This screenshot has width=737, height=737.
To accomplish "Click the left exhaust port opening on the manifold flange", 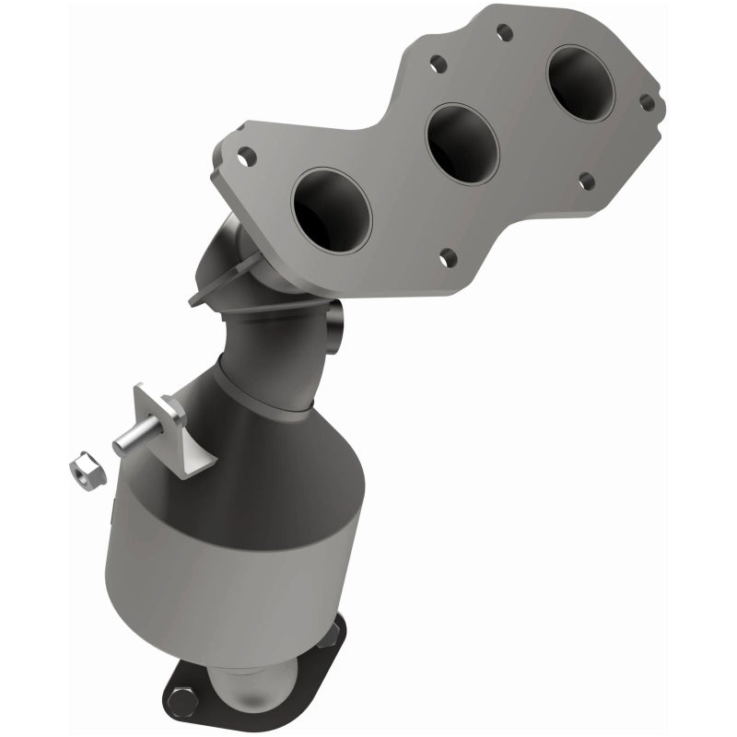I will [331, 211].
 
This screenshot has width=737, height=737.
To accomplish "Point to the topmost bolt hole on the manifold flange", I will [504, 33].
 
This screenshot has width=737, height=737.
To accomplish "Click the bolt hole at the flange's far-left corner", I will [245, 158].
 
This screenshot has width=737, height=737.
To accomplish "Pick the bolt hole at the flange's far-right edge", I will [647, 102].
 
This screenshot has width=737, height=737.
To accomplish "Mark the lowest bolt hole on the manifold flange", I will [448, 258].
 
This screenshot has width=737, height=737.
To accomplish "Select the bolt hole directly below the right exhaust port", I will [586, 180].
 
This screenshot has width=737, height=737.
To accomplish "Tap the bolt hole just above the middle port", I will [439, 65].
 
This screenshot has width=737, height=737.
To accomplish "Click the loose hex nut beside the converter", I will [83, 466].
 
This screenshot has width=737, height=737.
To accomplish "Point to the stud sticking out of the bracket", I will [132, 441].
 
